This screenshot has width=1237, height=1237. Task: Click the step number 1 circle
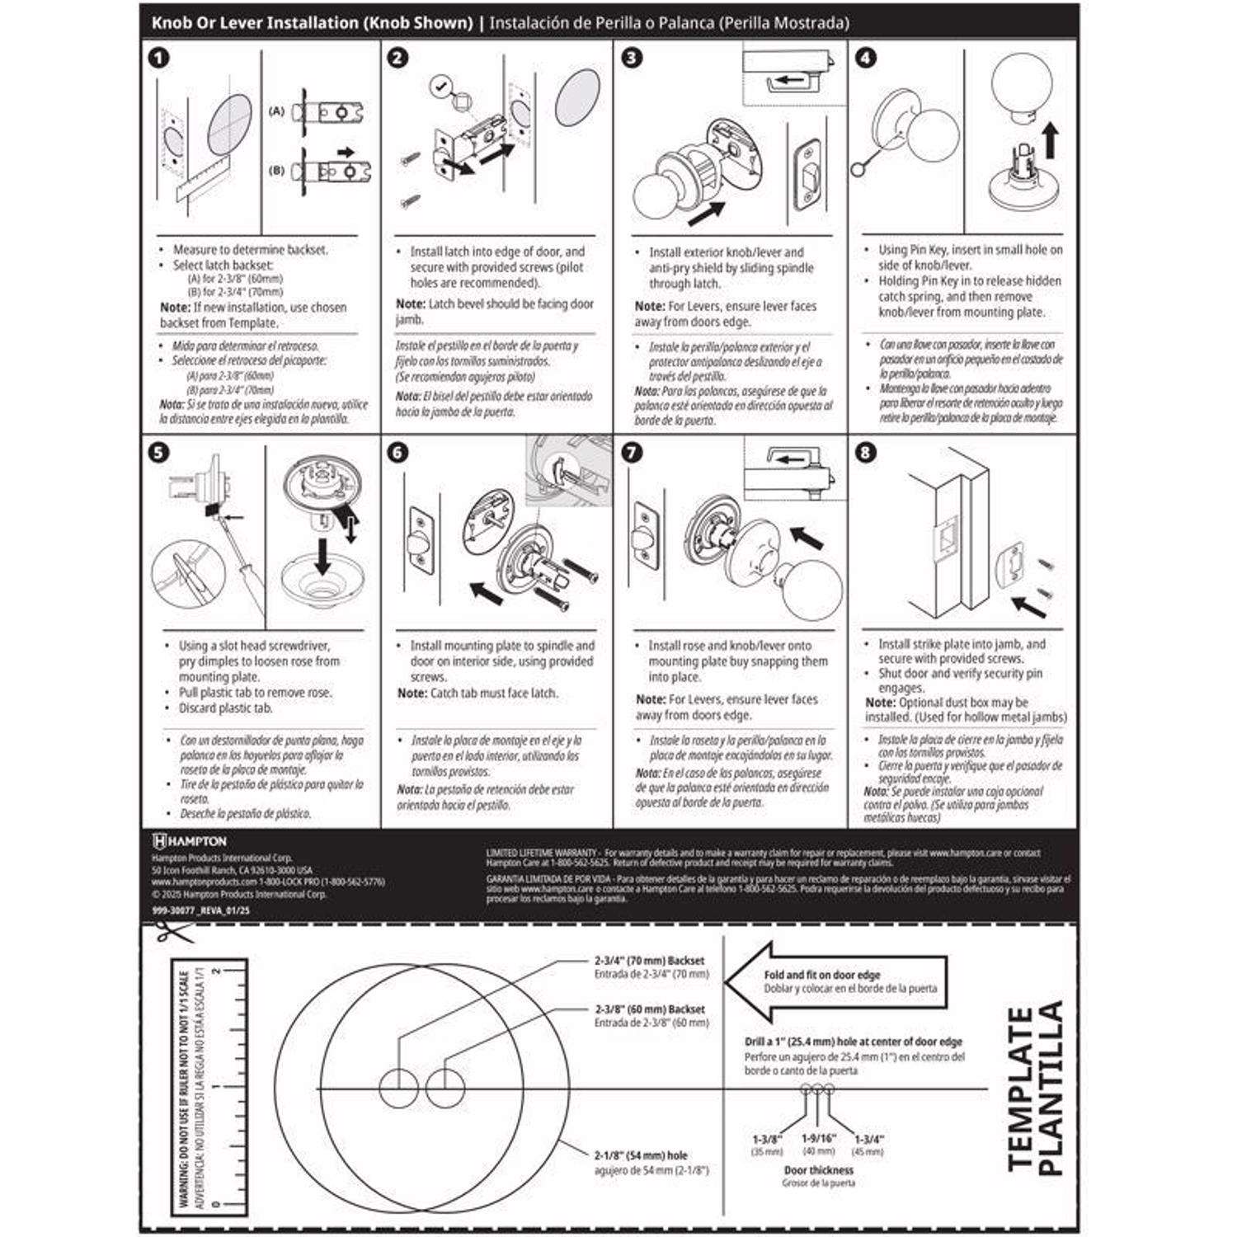[158, 58]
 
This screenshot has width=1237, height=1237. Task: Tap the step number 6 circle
[397, 453]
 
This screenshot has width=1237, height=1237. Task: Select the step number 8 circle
[865, 453]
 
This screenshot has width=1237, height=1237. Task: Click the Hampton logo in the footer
[189, 841]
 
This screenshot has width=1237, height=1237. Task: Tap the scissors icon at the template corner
[172, 933]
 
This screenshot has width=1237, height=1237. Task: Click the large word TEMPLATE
[1021, 1089]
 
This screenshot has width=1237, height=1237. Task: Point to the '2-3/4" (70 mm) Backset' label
[650, 961]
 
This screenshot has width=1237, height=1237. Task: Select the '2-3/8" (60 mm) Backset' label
[650, 1009]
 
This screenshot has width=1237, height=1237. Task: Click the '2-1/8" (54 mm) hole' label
[640, 1155]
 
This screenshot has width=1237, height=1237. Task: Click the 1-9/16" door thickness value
[818, 1138]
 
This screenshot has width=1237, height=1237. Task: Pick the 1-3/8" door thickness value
[767, 1139]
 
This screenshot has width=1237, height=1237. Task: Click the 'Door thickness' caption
[818, 1170]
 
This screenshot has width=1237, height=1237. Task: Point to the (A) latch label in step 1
[276, 111]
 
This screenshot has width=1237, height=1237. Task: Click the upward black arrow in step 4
[1051, 141]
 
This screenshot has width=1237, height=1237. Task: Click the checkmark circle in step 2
[441, 85]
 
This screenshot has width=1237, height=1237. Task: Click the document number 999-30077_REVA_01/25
[200, 910]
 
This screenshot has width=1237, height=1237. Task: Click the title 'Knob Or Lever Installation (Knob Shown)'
[312, 23]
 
